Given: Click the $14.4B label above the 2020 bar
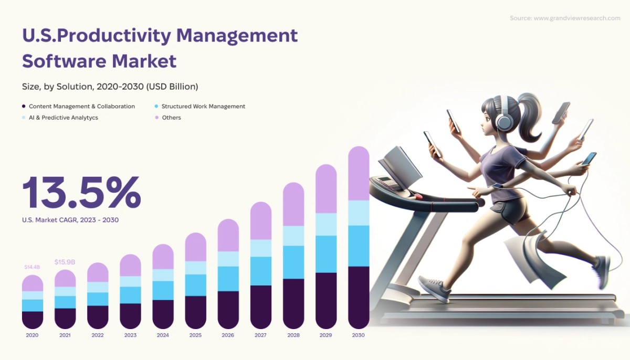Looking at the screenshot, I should click(x=32, y=267).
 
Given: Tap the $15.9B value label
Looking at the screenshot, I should click(x=65, y=262).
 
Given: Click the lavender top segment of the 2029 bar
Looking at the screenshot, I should click(x=326, y=189).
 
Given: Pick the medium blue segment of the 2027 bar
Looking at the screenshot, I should click(x=261, y=271).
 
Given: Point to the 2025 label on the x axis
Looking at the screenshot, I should click(x=195, y=335).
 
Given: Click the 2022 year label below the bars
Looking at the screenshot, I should click(x=98, y=335).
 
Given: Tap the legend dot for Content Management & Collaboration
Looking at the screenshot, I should click(x=24, y=107).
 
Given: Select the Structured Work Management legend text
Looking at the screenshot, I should click(x=203, y=107).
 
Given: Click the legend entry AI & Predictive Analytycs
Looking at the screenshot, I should click(x=64, y=118).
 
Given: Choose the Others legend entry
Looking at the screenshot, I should click(x=171, y=118).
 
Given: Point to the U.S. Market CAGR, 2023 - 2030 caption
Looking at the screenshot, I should click(x=70, y=220).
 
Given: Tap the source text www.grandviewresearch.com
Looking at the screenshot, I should click(x=576, y=18).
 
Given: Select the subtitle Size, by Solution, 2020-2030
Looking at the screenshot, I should click(x=110, y=86).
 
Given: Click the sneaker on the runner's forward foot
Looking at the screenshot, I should click(x=435, y=289).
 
